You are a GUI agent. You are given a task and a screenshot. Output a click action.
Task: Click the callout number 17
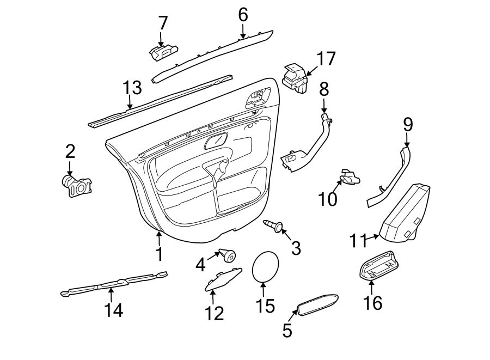point(327,58)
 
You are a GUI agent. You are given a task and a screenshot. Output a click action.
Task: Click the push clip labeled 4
point(228,255)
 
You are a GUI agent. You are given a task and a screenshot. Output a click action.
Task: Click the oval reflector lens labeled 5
point(317,305)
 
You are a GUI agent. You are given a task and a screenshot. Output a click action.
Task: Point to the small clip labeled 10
point(349,176)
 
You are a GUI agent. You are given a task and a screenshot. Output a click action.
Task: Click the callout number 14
point(114,310)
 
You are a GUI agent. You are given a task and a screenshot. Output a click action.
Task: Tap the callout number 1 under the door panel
point(159,254)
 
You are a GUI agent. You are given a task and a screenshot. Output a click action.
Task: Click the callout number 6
point(243,15)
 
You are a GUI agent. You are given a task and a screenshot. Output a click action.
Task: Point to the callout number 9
point(408,124)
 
